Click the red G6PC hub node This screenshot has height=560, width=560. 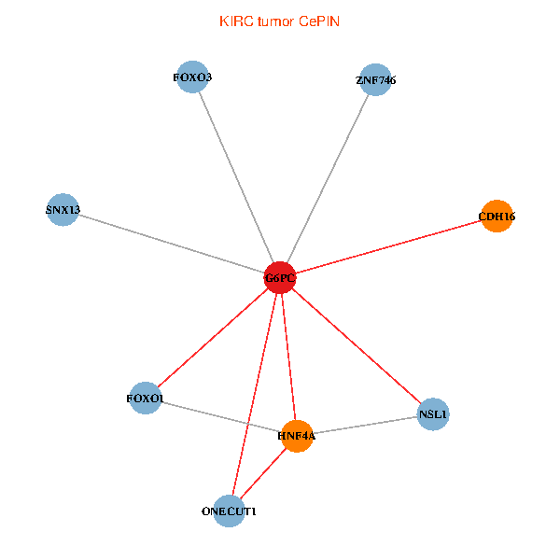280,277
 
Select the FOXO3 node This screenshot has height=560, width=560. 192,77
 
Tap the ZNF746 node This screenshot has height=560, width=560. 375,79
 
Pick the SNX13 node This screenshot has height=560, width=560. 63,210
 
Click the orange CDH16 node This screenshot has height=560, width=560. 497,217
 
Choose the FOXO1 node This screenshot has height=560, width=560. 146,398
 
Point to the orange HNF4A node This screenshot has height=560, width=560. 297,436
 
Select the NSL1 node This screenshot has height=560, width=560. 433,414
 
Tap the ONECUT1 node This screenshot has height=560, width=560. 229,511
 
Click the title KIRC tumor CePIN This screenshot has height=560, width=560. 279,21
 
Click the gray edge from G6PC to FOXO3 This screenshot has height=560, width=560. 236,177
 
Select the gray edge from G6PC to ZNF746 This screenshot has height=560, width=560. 328,178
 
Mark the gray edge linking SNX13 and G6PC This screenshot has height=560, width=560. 172,244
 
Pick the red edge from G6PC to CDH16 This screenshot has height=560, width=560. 388,246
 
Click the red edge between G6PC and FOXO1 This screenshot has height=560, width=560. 213,338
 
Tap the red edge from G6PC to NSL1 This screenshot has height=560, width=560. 357,346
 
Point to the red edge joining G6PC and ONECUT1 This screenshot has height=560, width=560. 255,394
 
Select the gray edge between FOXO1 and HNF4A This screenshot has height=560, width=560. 221,417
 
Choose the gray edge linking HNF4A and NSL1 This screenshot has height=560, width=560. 365,426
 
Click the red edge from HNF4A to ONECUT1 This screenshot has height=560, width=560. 263,473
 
